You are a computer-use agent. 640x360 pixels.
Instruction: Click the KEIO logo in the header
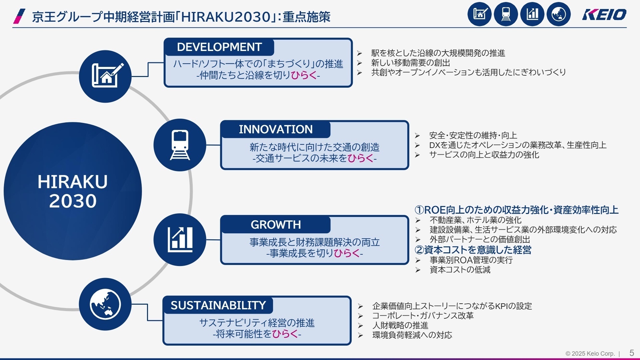[604, 15]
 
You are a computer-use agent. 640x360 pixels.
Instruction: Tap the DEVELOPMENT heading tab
[219, 47]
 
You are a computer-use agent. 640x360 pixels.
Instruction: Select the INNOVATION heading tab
[276, 129]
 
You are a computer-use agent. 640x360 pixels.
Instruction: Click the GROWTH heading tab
[276, 225]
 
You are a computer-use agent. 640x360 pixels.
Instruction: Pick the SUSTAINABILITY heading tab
[218, 305]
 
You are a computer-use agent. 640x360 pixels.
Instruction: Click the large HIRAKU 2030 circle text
[73, 191]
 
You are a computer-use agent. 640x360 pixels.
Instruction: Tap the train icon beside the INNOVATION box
[180, 145]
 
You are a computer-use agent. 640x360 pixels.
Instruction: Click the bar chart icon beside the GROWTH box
[180, 240]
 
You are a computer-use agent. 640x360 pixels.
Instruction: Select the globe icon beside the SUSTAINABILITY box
[105, 304]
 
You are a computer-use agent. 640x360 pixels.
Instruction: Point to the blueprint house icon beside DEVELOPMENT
[105, 76]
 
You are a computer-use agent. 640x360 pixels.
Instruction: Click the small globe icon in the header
[559, 14]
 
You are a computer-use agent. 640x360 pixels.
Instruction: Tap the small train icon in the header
[506, 14]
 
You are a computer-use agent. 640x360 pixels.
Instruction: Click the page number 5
[632, 353]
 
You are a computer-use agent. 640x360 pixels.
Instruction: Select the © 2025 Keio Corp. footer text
[590, 354]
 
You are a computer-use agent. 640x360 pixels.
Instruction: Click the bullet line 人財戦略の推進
[400, 325]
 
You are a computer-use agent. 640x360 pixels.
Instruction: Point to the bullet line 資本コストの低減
[460, 270]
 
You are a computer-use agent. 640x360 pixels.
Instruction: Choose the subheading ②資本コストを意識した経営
[473, 250]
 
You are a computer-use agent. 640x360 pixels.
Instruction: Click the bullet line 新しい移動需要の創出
[411, 63]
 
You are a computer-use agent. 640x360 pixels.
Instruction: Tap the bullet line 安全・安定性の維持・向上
[473, 135]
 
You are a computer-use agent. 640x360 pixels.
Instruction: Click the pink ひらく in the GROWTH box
[347, 253]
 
